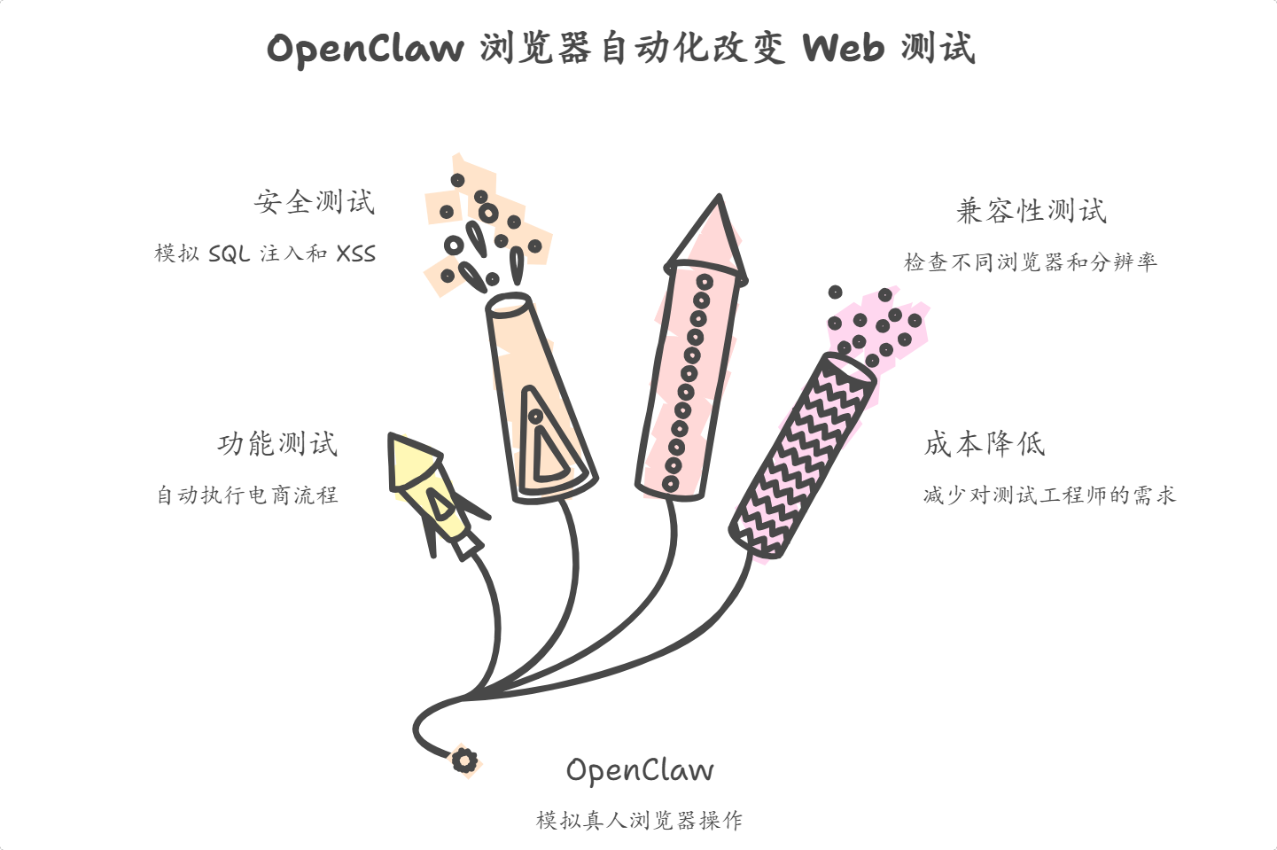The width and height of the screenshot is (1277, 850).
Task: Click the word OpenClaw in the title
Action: click(365, 48)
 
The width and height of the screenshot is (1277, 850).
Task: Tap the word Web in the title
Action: click(843, 48)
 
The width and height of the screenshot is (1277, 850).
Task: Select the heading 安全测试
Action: click(315, 202)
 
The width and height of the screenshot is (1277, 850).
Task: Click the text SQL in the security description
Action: click(230, 254)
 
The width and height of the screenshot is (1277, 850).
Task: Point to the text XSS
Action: click(356, 254)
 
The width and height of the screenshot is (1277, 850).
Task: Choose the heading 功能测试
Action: click(277, 443)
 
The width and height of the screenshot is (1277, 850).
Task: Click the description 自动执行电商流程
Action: click(247, 495)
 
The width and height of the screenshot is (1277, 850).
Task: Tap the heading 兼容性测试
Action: click(1032, 211)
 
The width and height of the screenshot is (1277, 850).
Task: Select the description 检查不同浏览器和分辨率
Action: click(1030, 262)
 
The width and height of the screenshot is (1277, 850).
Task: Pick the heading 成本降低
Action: click(985, 443)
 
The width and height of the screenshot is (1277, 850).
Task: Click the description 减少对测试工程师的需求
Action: click(1049, 495)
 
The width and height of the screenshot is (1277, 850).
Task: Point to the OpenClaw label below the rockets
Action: click(639, 770)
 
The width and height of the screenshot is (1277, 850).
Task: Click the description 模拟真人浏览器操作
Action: click(639, 821)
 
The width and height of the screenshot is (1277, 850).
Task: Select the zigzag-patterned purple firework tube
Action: click(801, 456)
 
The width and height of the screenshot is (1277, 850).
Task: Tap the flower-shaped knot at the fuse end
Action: click(464, 760)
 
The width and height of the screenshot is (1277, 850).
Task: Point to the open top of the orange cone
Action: click(510, 305)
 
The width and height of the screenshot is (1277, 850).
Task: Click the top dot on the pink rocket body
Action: click(705, 283)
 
